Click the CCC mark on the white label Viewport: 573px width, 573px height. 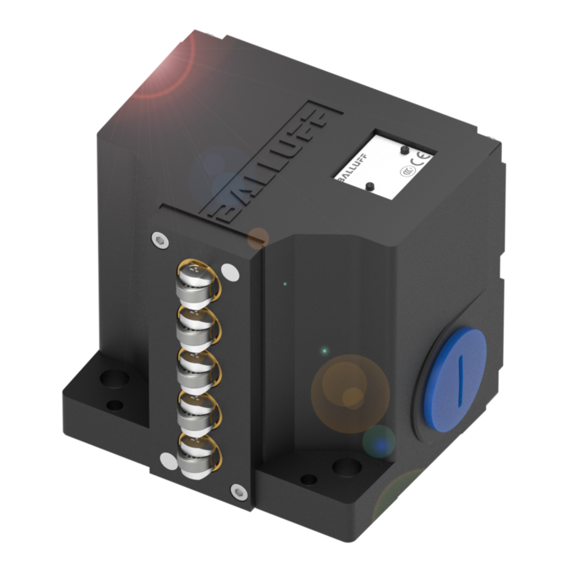click(407, 171)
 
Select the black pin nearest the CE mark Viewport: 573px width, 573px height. click(404, 149)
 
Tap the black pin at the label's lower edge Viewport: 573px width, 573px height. click(370, 186)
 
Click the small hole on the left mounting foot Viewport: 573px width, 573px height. click(115, 406)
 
